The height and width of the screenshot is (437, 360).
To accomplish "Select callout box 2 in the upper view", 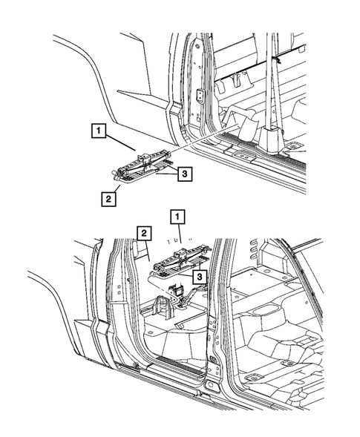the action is pos(108,199).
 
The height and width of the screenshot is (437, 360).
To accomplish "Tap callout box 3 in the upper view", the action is pos(185,174).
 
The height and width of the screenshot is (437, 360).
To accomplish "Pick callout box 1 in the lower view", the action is pos(177,217).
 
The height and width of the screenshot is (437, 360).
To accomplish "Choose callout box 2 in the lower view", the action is pos(144,233).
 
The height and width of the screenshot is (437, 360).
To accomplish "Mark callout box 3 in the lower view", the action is pos(200,277).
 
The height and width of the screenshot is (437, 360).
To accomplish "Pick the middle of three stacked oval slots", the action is pos(253,249).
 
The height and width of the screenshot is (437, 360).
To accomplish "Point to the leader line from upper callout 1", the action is pos(120,143).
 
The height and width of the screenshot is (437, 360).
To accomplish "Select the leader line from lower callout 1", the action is pos(180,234).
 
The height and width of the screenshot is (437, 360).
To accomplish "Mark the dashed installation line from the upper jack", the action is pos(204,137).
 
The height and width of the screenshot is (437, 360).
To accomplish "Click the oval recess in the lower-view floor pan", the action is pos(266,310).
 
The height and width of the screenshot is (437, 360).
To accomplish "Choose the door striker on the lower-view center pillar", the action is pos(213,358).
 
